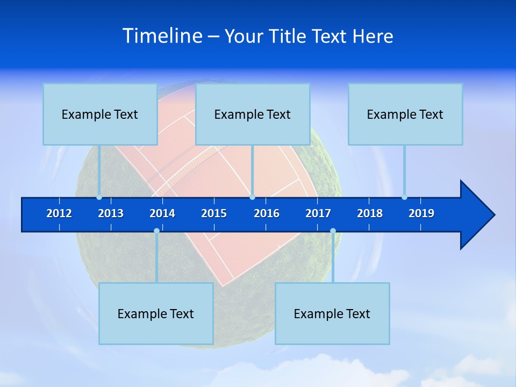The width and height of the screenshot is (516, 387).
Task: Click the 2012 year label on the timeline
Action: click(59, 213)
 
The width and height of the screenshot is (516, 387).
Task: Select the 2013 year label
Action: click(111, 213)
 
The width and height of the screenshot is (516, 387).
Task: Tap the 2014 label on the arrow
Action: click(162, 213)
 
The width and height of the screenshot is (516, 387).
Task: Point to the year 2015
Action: click(214, 213)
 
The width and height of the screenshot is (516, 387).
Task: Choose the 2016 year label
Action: click(267, 213)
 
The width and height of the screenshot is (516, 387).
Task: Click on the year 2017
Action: click(318, 213)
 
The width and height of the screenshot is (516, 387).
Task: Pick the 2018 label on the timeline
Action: click(370, 213)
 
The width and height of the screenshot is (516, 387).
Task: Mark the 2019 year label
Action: click(421, 213)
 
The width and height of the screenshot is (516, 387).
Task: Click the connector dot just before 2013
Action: click(99, 197)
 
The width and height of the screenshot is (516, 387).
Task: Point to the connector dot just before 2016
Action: click(253, 197)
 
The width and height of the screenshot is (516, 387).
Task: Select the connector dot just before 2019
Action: click(405, 197)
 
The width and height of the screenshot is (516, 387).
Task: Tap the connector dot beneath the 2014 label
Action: click(156, 231)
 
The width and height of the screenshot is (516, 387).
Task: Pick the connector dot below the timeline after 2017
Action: click(333, 231)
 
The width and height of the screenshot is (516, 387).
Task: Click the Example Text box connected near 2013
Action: click(100, 114)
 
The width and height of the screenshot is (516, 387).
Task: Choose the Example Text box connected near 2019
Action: click(405, 114)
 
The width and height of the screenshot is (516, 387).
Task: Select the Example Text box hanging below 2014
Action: click(156, 313)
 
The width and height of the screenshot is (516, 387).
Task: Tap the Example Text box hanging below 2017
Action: click(332, 313)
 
